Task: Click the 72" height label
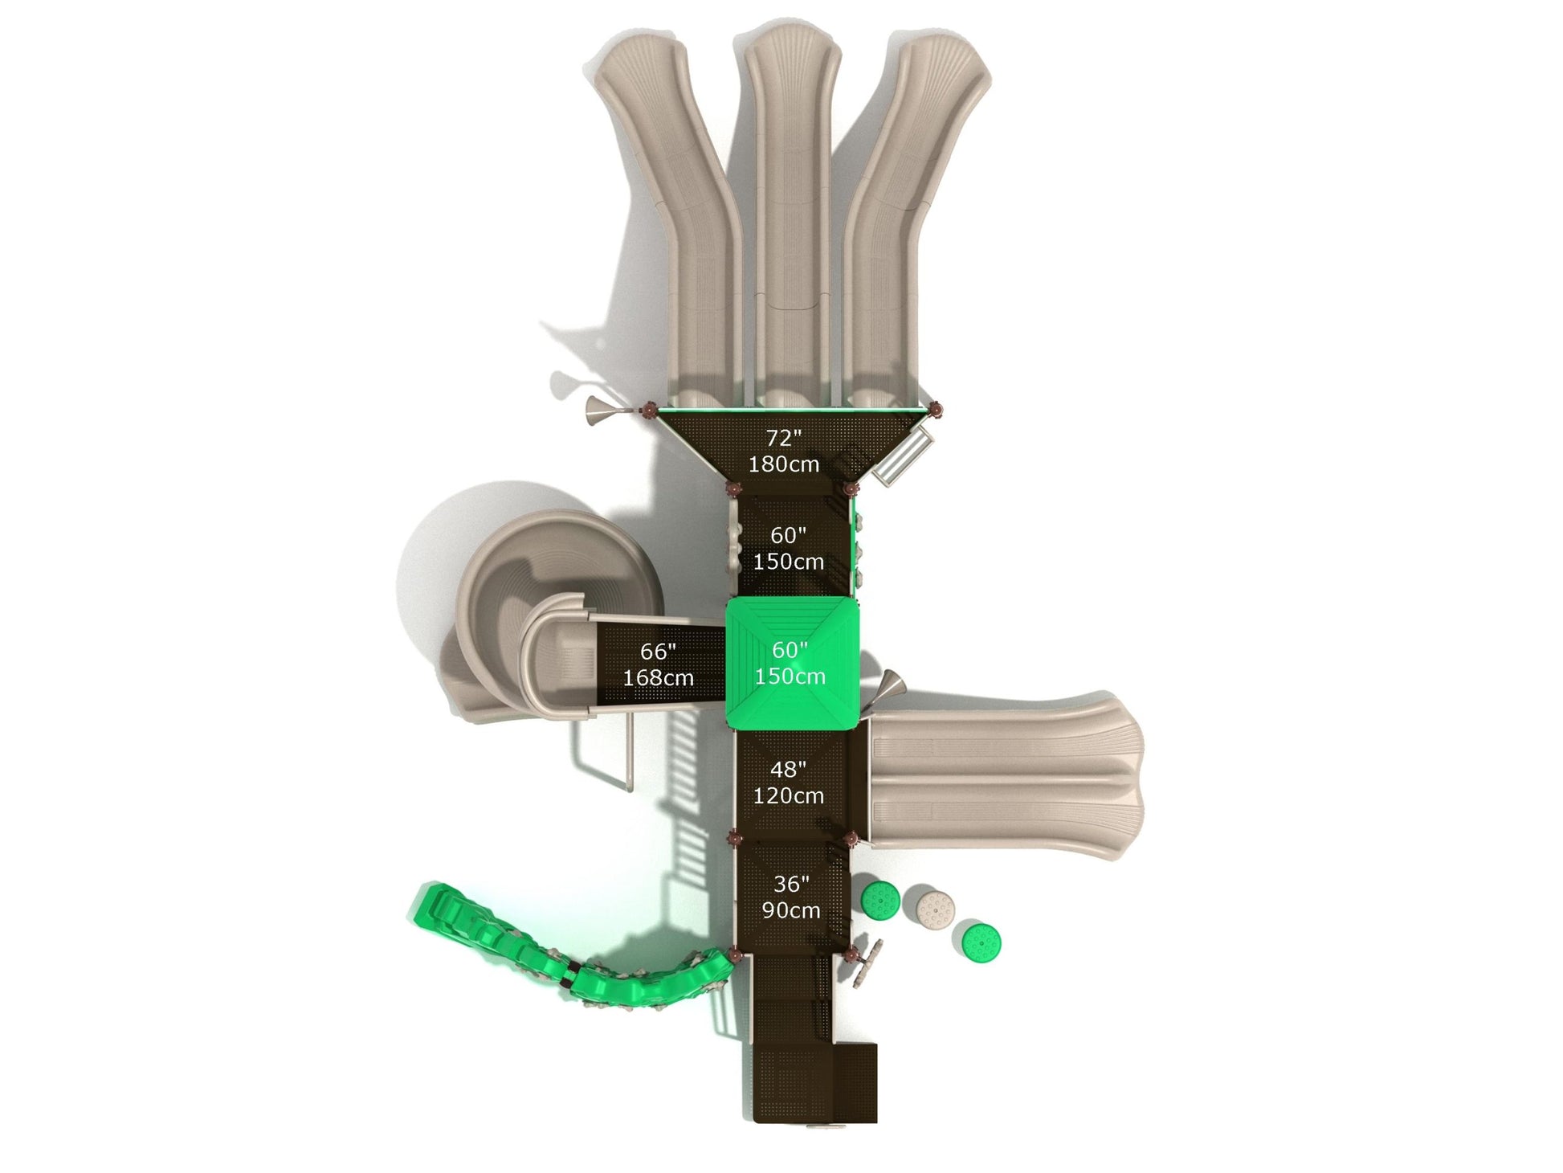click(783, 438)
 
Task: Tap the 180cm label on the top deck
click(784, 464)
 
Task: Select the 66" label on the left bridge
click(658, 652)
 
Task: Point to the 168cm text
click(658, 678)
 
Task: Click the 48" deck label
click(788, 770)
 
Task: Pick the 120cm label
click(788, 796)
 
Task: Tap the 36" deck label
click(790, 885)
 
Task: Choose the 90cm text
click(791, 911)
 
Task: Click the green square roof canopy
click(793, 664)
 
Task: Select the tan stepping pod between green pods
click(936, 908)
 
